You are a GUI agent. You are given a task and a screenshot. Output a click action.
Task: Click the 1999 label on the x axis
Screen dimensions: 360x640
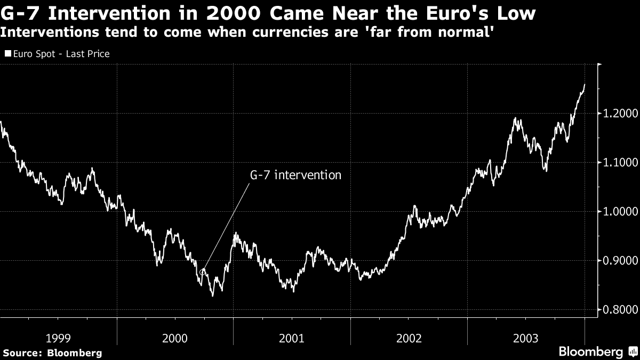coord(58,338)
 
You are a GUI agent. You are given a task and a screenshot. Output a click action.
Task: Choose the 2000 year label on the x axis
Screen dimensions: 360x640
coord(175,338)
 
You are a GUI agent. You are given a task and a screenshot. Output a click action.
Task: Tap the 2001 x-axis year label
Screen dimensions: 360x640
coord(292,338)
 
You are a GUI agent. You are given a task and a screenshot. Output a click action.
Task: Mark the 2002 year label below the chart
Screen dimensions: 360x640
coord(409,338)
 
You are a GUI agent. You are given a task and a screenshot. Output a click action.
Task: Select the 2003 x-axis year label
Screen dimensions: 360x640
coord(525,338)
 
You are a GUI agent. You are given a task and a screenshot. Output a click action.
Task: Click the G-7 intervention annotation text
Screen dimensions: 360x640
coord(295,174)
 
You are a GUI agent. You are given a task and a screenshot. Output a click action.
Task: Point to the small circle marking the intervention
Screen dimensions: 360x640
coord(203,272)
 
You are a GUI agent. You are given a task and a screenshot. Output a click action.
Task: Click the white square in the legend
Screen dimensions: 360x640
coord(7,54)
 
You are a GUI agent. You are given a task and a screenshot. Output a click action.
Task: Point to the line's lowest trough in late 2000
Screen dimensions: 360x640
coord(212,295)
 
